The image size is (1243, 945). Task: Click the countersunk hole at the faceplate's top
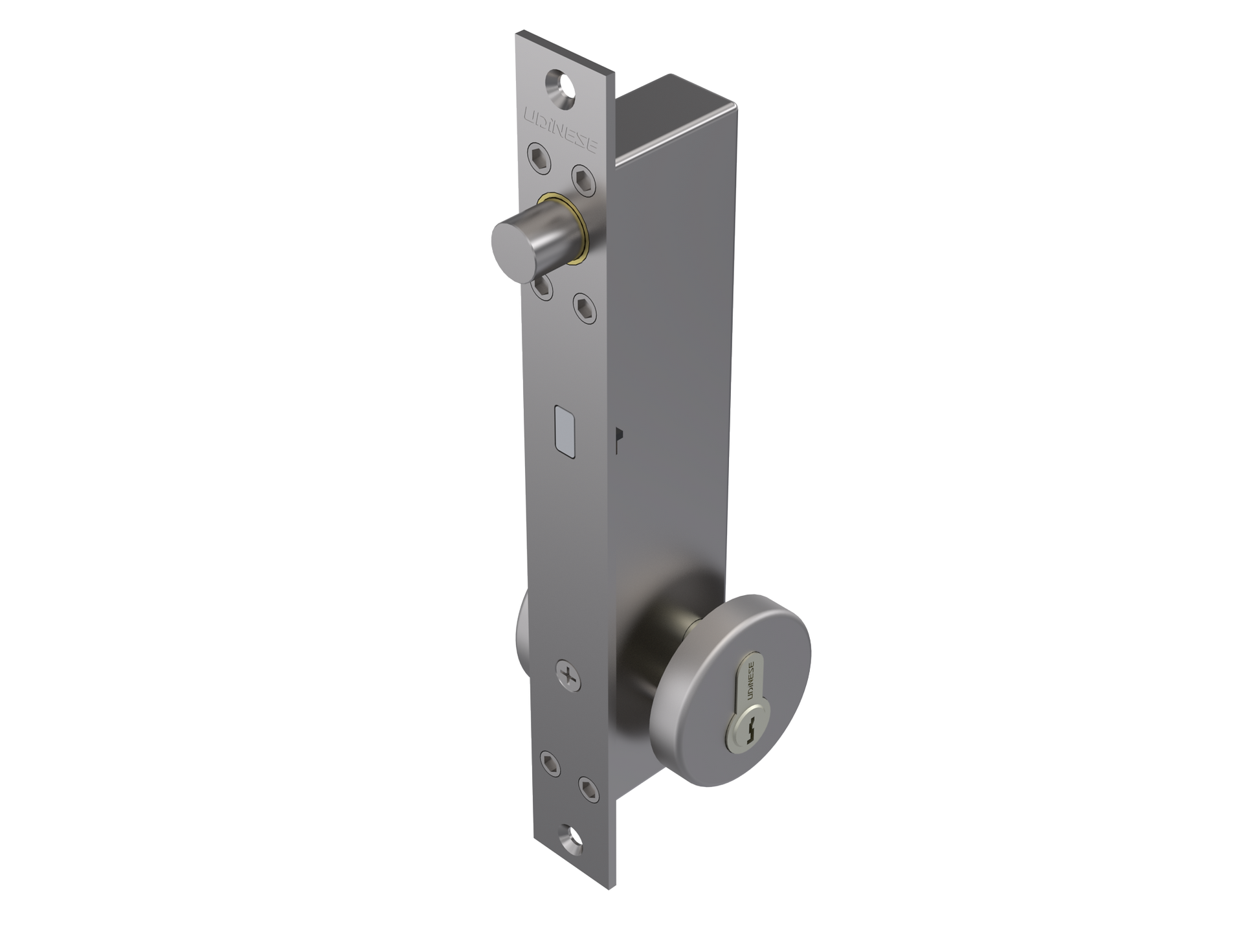pos(563,85)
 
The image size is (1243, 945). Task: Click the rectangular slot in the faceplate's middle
pos(564,431)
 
